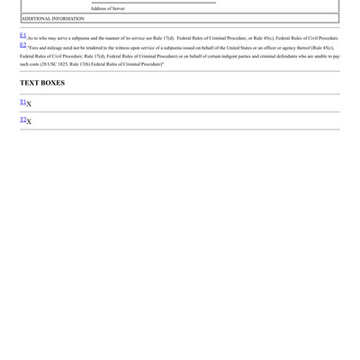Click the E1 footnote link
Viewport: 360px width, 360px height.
(22, 35)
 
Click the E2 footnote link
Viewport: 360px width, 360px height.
(22, 45)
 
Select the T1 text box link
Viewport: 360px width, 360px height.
(22, 102)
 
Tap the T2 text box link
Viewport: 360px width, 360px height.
(22, 120)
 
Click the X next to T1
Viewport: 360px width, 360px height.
(29, 104)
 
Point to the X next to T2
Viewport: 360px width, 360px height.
(29, 121)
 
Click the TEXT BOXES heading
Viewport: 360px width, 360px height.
(42, 83)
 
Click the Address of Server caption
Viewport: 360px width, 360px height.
(107, 8)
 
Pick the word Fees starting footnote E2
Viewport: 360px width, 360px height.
(33, 48)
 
